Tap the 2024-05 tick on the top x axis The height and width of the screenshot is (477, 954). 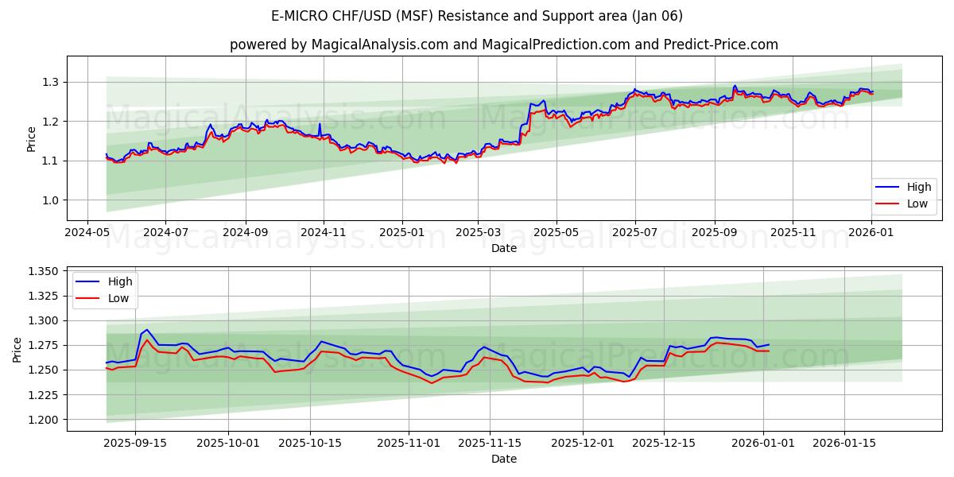coord(87,232)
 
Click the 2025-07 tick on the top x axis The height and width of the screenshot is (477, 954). coord(634,232)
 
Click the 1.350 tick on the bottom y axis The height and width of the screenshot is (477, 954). coord(44,272)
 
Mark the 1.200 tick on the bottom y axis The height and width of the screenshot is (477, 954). coord(44,420)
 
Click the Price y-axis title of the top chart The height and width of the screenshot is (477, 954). coord(31,138)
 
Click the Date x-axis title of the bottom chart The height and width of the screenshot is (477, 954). coord(504,459)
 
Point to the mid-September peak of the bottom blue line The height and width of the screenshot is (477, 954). coord(146,329)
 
